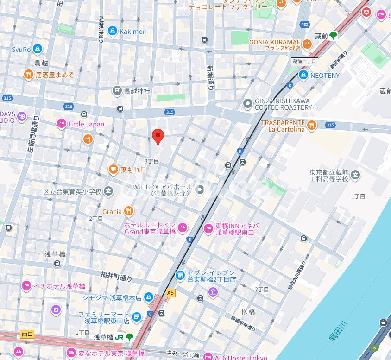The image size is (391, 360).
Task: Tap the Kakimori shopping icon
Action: tap(112, 31)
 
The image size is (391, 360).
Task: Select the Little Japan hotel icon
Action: tap(61, 124)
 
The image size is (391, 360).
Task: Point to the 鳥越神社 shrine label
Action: tap(137, 91)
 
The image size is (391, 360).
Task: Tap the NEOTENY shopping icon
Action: tap(303, 75)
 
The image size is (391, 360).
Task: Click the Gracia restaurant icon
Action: tap(128, 212)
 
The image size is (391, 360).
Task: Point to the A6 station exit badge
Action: tap(170, 293)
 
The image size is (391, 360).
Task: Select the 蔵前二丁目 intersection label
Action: tap(304, 62)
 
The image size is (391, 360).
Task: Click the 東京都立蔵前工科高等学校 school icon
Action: tap(355, 175)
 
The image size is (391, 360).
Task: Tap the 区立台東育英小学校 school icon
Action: tap(108, 191)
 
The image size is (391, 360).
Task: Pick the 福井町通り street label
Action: tap(116, 277)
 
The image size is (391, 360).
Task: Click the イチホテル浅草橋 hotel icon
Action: tap(26, 286)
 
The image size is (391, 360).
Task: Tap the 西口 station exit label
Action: tap(27, 333)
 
